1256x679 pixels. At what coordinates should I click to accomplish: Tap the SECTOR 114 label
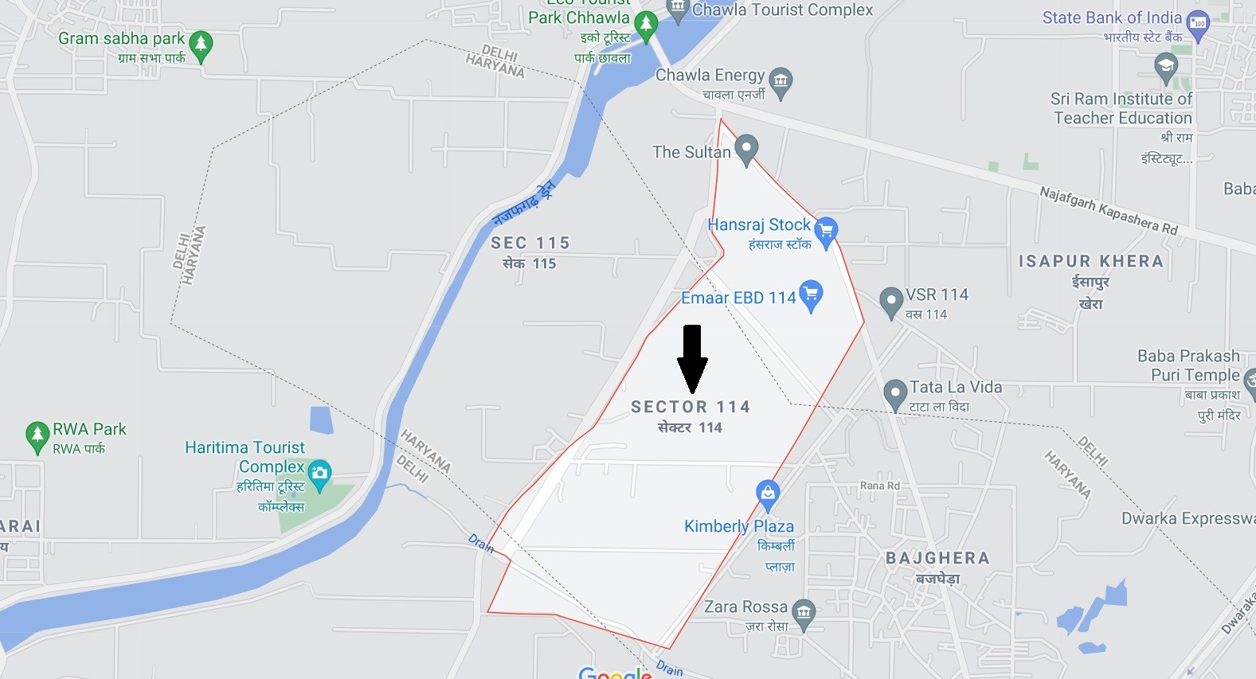[x=691, y=407]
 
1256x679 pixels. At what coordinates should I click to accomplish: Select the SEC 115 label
[x=530, y=243]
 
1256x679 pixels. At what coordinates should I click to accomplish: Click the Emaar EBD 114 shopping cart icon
[x=811, y=295]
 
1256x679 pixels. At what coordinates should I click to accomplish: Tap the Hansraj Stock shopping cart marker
[x=826, y=231]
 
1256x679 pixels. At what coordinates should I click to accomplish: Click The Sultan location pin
[x=746, y=148]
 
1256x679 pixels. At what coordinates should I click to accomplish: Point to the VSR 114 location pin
[x=890, y=302]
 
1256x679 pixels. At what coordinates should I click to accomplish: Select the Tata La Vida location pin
[x=895, y=393]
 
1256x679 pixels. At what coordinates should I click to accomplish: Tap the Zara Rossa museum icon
[x=804, y=612]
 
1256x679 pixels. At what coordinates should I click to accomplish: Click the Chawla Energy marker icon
[x=781, y=80]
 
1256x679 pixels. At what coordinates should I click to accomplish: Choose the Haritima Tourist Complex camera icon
[x=319, y=474]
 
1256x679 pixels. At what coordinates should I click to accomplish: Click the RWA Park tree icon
[x=37, y=435]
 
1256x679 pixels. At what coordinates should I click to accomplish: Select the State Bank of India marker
[x=1197, y=24]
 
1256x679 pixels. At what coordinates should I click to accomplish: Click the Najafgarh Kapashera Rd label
[x=1108, y=209]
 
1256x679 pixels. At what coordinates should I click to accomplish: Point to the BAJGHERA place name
[x=937, y=558]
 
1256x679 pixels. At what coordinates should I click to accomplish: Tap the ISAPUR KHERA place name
[x=1090, y=261]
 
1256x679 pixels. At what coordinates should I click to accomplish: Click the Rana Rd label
[x=879, y=486]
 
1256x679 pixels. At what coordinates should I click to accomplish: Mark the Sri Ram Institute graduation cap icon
[x=1166, y=66]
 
